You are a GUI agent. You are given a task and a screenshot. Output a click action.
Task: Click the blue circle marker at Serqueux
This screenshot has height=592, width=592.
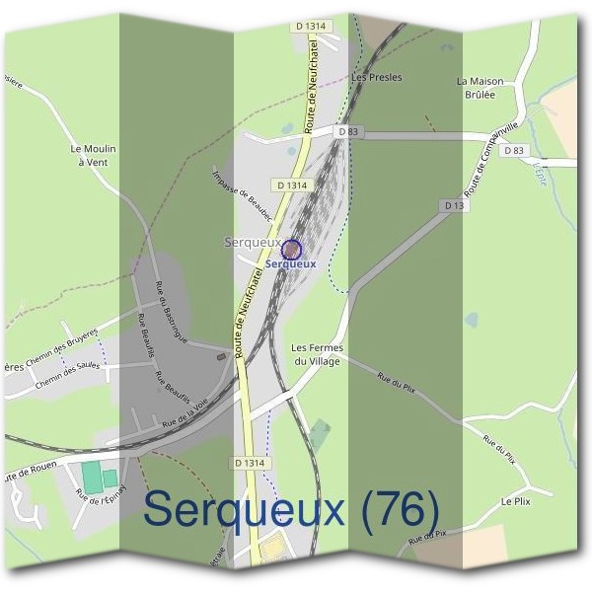coord(292,249)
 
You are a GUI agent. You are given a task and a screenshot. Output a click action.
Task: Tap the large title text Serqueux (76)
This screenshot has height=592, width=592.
coord(292,510)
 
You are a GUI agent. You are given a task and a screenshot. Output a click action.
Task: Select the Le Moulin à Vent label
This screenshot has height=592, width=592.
coord(94,155)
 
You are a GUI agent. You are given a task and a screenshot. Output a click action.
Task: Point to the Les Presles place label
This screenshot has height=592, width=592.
coord(376,77)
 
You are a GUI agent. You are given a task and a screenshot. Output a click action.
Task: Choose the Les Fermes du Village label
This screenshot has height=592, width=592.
coord(316,355)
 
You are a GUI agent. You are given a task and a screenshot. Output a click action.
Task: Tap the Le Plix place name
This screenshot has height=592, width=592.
coord(516,501)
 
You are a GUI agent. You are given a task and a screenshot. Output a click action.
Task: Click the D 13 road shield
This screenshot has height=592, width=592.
coord(454,205)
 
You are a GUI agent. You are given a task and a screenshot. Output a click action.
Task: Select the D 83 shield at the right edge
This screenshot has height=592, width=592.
coord(514,150)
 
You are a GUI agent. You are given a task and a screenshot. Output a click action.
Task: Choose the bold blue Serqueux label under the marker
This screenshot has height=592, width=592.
coord(292,263)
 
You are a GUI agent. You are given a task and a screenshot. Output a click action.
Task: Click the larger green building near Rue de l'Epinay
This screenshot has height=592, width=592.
coord(91,479)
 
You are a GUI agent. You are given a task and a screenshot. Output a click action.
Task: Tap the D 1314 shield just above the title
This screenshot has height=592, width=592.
coord(251,462)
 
